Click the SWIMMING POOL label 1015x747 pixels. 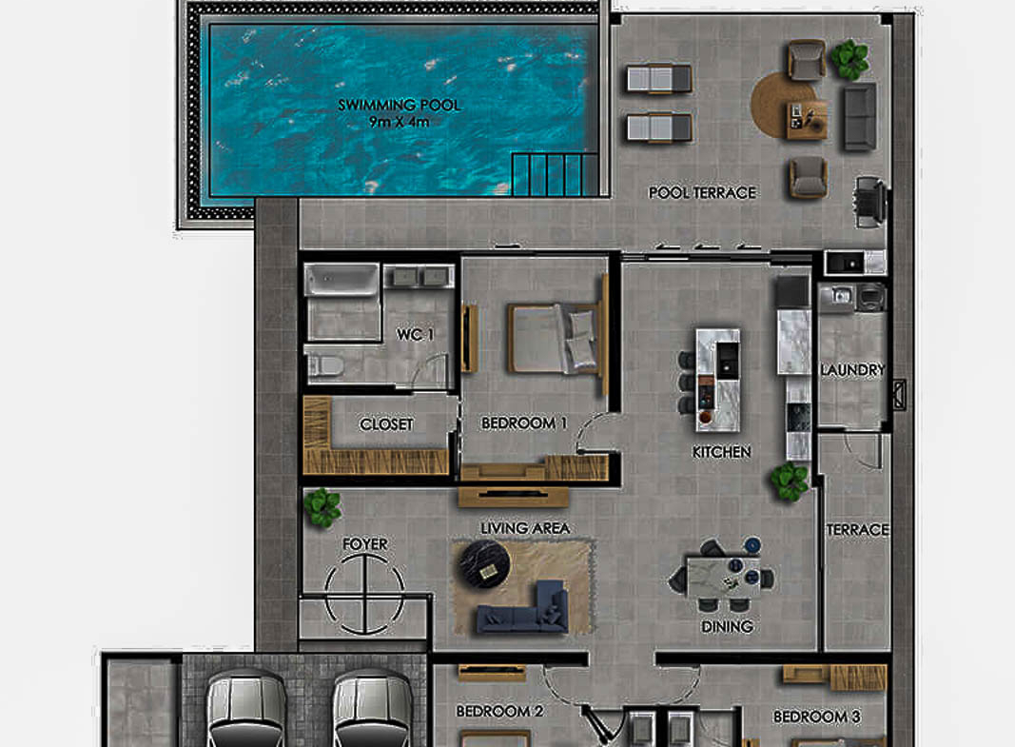tap(399, 105)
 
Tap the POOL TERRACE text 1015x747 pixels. tap(702, 193)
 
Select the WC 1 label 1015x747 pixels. tap(415, 335)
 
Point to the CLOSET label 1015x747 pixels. tap(386, 424)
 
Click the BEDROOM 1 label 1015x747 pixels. tap(524, 423)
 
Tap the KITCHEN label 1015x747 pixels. tap(722, 452)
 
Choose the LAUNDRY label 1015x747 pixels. tap(852, 370)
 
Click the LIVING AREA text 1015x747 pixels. tap(525, 528)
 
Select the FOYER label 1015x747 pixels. tap(365, 544)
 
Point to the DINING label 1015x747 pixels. tap(727, 626)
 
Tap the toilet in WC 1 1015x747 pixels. tap(325, 366)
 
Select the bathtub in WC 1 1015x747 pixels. tap(342, 280)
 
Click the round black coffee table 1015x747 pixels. tap(484, 564)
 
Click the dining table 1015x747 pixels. tap(724, 576)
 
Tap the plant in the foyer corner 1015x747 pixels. tap(322, 507)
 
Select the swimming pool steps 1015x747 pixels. tap(554, 174)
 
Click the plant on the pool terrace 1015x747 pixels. tap(849, 60)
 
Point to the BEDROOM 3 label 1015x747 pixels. tap(817, 717)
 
